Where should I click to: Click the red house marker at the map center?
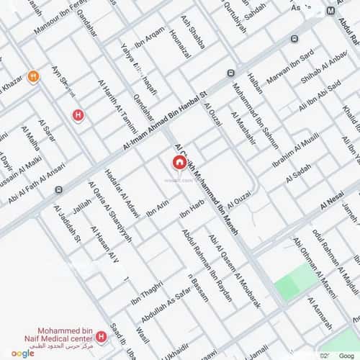[x=179, y=163]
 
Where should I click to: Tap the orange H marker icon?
[x=32, y=77]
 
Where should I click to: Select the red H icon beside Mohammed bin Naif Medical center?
[x=102, y=336]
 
